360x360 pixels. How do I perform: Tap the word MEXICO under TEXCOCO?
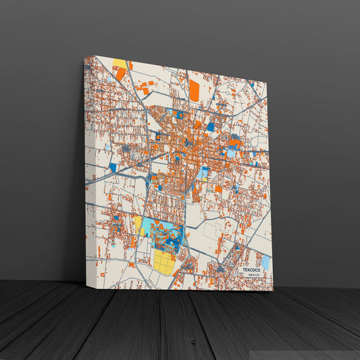[x=254, y=276]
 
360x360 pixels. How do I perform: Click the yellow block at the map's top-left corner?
[x=120, y=63]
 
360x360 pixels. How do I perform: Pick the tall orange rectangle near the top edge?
[x=195, y=91]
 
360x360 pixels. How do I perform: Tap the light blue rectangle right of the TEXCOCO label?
[x=265, y=262]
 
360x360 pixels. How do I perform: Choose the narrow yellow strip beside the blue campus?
[x=138, y=226]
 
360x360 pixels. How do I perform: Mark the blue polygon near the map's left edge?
[x=113, y=167]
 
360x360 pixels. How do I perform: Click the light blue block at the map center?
[x=203, y=173]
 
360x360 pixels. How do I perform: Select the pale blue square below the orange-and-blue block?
[x=232, y=153]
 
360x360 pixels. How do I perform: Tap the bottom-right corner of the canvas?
[x=273, y=290]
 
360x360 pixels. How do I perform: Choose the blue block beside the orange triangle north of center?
[x=210, y=126]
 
